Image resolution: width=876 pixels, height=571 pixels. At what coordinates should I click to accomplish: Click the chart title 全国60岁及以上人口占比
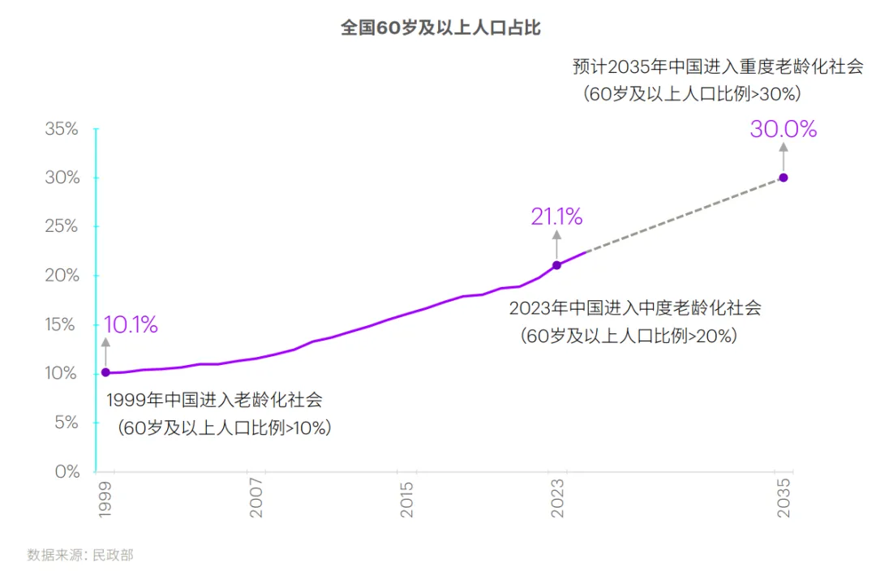(x=440, y=28)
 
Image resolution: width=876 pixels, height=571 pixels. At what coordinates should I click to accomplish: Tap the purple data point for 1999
(x=105, y=372)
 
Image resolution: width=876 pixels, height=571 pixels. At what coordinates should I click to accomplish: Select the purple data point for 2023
(x=556, y=265)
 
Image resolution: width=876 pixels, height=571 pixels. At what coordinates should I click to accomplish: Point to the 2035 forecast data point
(x=784, y=178)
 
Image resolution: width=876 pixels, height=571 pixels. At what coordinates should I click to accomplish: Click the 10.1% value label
(x=131, y=324)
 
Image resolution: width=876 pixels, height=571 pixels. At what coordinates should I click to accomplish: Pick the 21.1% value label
(x=556, y=217)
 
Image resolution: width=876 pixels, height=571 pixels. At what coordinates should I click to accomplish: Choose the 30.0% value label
(x=784, y=129)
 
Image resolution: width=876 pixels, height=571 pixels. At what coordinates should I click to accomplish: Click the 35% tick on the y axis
(x=62, y=128)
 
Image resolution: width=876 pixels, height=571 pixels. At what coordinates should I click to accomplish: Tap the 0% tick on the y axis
(x=67, y=471)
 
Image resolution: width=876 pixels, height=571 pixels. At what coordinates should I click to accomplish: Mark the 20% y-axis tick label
(x=62, y=275)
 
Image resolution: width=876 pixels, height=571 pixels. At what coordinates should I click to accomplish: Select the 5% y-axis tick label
(x=67, y=422)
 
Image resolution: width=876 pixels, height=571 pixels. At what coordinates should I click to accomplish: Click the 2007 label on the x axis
(x=255, y=497)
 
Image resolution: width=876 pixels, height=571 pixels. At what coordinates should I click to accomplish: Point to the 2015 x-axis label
(x=406, y=499)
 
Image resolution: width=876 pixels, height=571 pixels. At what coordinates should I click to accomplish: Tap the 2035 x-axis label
(x=784, y=497)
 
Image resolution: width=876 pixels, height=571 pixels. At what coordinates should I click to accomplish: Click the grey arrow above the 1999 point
(x=105, y=351)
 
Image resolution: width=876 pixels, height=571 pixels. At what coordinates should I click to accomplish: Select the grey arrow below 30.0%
(x=784, y=157)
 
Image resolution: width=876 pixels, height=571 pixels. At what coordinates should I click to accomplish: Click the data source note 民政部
(x=113, y=555)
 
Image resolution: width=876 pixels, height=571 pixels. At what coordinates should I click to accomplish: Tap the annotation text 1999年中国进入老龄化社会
(x=214, y=400)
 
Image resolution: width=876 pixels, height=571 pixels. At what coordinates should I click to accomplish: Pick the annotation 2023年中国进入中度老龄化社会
(x=635, y=308)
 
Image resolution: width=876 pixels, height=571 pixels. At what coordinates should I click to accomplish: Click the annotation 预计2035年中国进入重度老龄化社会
(x=718, y=67)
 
